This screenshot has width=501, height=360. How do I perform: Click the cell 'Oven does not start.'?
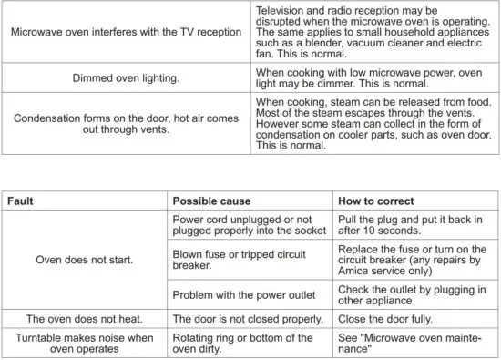tap(85, 260)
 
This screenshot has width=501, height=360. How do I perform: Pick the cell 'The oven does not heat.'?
tap(85, 319)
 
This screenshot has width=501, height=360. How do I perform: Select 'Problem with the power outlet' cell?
tap(247, 294)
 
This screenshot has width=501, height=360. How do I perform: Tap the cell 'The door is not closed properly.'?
tap(248, 319)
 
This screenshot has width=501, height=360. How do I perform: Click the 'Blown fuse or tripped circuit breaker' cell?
tap(246, 260)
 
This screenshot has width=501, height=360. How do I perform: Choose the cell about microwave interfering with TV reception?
tap(126, 32)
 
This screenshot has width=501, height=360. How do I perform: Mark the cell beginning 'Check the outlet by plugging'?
tap(413, 294)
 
